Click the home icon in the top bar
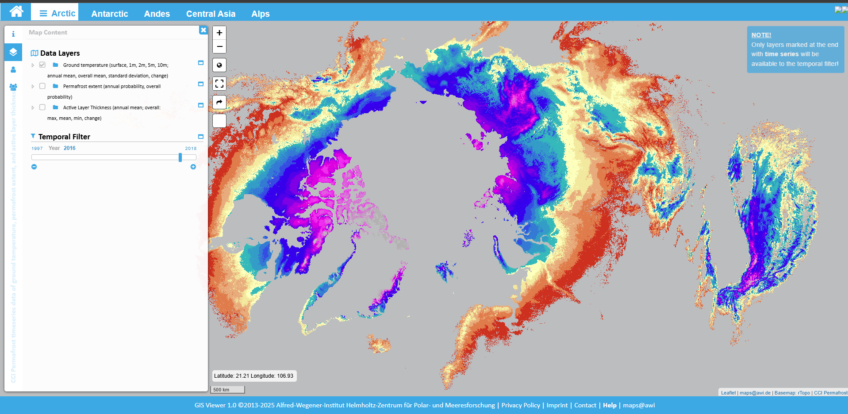click(x=16, y=11)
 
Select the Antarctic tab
click(x=109, y=14)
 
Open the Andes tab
click(x=157, y=14)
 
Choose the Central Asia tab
click(x=211, y=14)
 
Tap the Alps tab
click(x=260, y=14)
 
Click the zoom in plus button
click(x=219, y=33)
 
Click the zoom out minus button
click(x=219, y=46)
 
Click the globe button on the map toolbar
click(x=219, y=65)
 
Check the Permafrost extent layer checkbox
click(x=42, y=86)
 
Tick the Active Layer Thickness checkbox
click(x=42, y=107)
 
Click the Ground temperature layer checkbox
click(x=42, y=65)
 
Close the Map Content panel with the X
click(x=203, y=30)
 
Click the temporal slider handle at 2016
click(x=180, y=157)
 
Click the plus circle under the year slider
click(x=193, y=167)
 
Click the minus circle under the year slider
click(x=34, y=167)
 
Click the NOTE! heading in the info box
click(x=761, y=35)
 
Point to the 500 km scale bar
click(x=228, y=390)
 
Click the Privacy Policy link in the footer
click(x=521, y=405)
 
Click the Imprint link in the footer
click(x=557, y=405)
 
